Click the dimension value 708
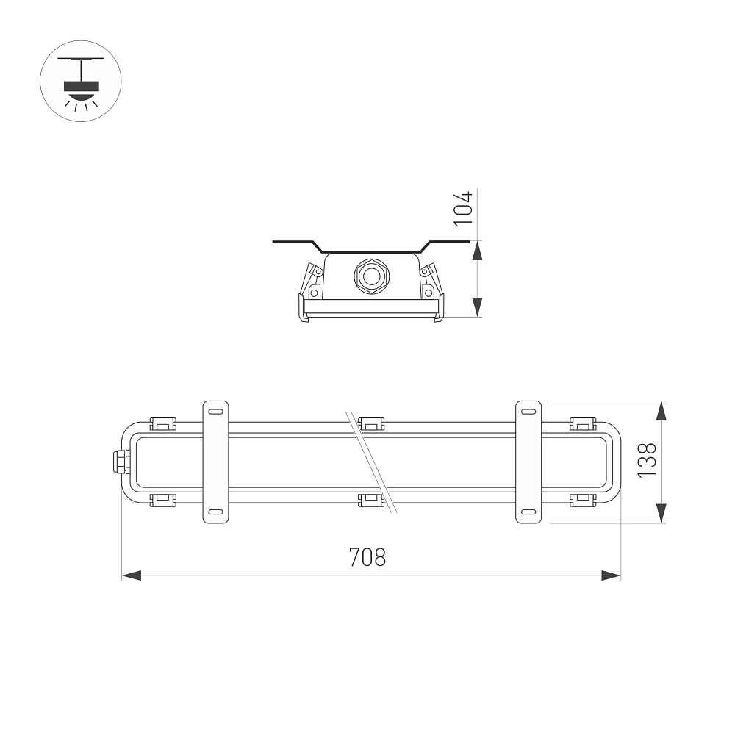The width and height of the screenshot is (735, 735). coord(367,557)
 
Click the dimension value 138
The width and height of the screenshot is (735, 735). coord(648,460)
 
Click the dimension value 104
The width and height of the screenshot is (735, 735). coord(464,208)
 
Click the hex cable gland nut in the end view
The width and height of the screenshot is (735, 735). coord(370,276)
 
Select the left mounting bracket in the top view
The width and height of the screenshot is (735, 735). coord(215,462)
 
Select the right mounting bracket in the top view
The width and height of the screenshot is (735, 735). coord(528,462)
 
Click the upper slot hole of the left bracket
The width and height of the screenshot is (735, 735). coord(215,412)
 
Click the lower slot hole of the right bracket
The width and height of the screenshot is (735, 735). coord(528,512)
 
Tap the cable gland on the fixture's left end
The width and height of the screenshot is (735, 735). coord(121,462)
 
